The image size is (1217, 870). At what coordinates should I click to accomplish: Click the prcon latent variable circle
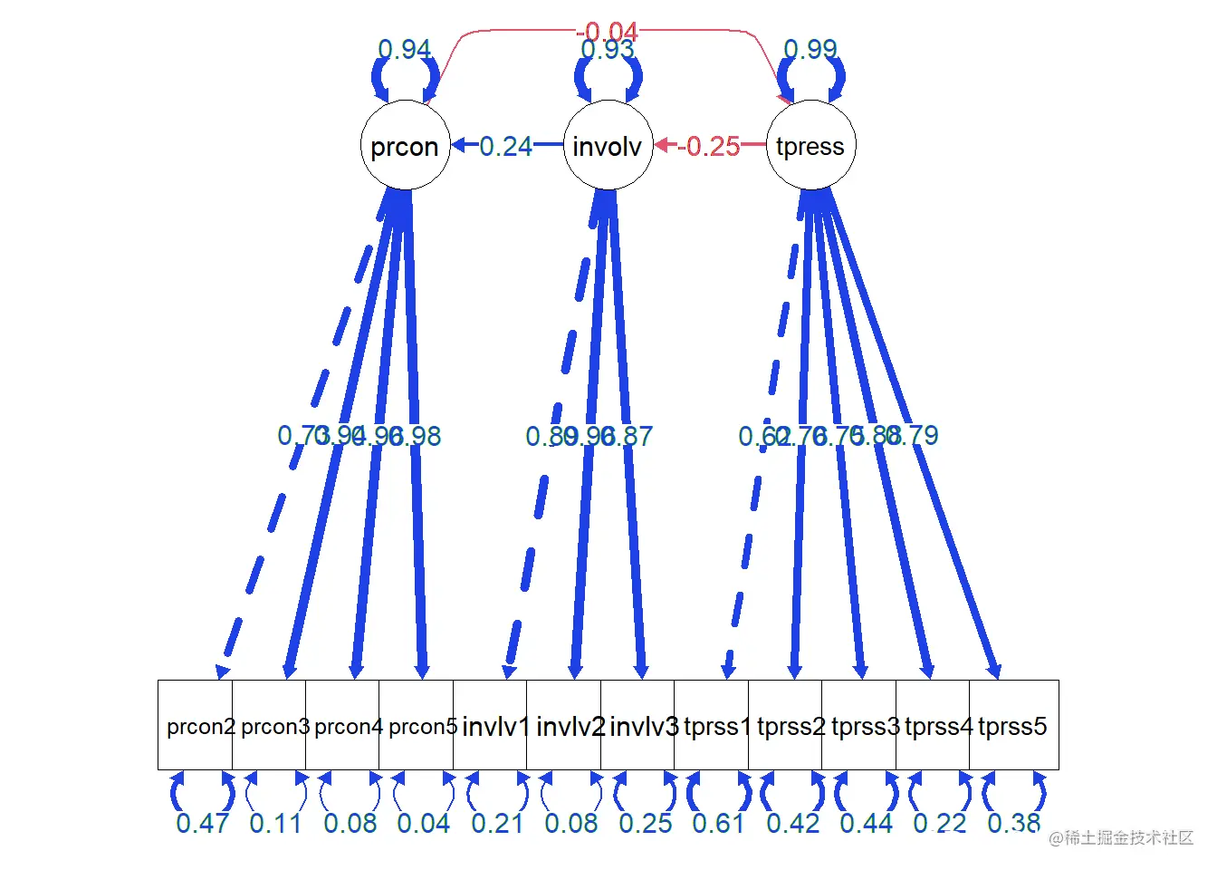coord(405,145)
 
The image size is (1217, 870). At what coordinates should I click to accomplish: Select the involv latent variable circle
coord(608,145)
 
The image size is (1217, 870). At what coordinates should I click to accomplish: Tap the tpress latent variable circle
coord(810,145)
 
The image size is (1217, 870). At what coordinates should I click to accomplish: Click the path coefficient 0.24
coord(505,146)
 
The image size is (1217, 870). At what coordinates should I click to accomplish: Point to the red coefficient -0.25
coord(710,146)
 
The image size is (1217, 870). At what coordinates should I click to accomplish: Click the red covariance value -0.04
coord(608,33)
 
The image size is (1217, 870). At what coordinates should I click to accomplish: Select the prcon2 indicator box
coord(196,725)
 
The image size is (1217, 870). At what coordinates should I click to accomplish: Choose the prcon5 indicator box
coord(417,725)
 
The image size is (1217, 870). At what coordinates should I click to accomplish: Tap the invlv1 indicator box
coord(491,725)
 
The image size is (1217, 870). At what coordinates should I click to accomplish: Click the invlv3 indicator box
coord(638,725)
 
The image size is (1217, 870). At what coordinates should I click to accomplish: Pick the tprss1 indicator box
coord(712,725)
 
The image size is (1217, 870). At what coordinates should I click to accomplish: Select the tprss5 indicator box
coord(1013,725)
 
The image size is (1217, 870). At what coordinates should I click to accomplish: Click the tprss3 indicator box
coord(859,725)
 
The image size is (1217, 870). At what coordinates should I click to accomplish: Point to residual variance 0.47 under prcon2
coord(203,823)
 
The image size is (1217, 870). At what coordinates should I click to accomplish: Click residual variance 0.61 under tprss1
coord(719,823)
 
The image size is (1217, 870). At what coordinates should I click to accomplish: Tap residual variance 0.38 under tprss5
coord(1014,823)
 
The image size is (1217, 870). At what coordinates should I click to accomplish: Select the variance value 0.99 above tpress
coord(810,49)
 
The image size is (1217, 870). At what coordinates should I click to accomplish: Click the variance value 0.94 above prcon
coord(405,49)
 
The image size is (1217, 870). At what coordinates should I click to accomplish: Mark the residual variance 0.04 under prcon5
coord(424,823)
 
